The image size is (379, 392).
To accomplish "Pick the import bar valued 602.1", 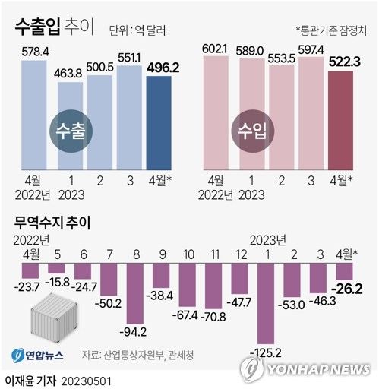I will [216, 114].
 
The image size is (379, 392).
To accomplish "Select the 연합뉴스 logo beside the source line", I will [38, 355].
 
